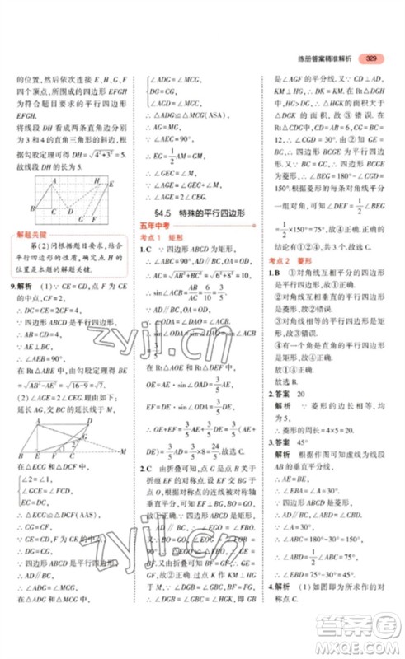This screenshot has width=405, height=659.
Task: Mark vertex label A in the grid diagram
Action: click(53, 180)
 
